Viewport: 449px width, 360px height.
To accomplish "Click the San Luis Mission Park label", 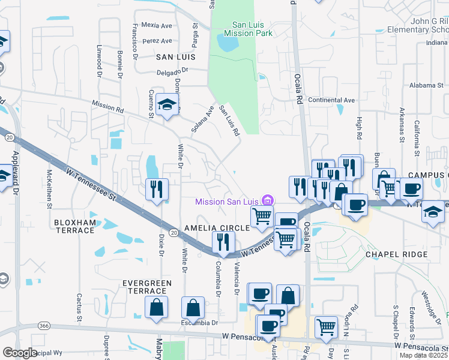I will (253, 29).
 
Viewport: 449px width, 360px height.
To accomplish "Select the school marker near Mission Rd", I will (167, 106).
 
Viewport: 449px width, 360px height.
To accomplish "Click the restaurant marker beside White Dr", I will (157, 190).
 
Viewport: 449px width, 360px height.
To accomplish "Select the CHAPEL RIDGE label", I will (397, 254).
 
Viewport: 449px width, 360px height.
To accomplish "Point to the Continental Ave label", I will (331, 100).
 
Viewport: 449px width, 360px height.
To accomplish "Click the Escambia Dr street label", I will (199, 323).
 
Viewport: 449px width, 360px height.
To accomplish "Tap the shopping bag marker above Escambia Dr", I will (193, 308).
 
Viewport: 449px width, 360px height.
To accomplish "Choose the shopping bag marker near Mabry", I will (156, 308).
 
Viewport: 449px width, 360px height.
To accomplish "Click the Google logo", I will (20, 353).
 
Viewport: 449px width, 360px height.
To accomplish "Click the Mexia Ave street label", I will (158, 26).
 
